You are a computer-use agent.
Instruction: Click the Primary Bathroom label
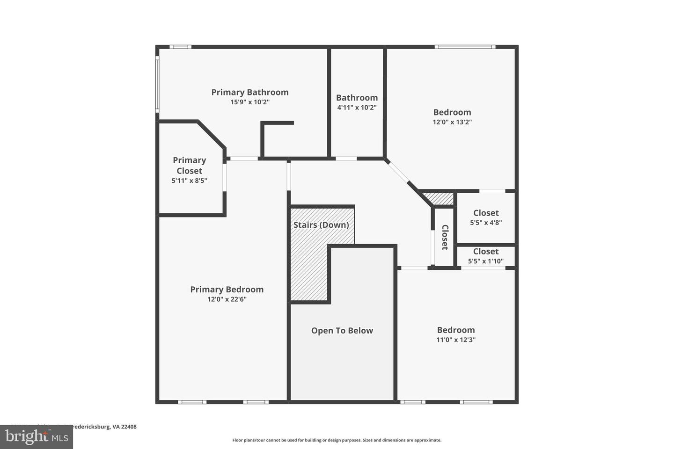pyautogui.click(x=249, y=92)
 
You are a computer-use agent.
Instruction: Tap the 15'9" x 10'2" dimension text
pyautogui.click(x=249, y=102)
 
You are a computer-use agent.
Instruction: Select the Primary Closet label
pyautogui.click(x=189, y=165)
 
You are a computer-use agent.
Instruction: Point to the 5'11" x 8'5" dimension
pyautogui.click(x=189, y=181)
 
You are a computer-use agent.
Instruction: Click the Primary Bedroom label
pyautogui.click(x=227, y=290)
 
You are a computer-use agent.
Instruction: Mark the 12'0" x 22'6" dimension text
pyautogui.click(x=227, y=299)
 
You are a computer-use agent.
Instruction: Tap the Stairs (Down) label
pyautogui.click(x=321, y=225)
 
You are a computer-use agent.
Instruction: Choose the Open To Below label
pyautogui.click(x=342, y=331)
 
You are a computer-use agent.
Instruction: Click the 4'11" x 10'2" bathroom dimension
pyautogui.click(x=357, y=108)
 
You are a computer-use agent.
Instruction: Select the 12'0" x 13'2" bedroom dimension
pyautogui.click(x=452, y=122)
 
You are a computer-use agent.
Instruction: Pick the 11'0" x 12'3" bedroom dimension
pyautogui.click(x=456, y=340)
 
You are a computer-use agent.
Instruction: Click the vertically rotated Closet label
pyautogui.click(x=445, y=237)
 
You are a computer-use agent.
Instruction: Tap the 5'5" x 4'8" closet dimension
pyautogui.click(x=486, y=223)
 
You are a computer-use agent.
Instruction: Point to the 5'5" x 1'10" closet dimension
pyautogui.click(x=486, y=261)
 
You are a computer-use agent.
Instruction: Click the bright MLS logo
pyautogui.click(x=36, y=437)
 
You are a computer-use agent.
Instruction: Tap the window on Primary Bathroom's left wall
pyautogui.click(x=157, y=84)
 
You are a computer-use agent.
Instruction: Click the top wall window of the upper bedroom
pyautogui.click(x=464, y=47)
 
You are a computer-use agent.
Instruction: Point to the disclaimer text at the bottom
pyautogui.click(x=337, y=440)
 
